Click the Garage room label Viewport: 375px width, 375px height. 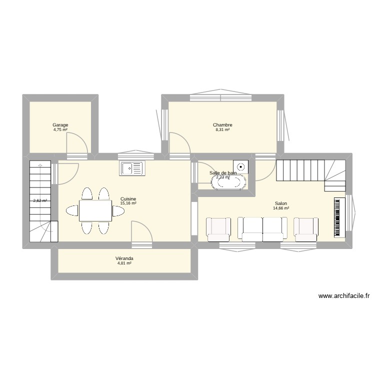pos(60,125)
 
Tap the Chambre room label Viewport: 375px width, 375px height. pos(222,125)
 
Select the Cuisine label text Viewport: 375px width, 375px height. pos(128,199)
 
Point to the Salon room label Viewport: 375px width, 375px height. pos(280,203)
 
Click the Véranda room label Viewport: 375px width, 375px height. pos(124,258)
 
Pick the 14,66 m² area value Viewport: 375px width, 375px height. pos(281,208)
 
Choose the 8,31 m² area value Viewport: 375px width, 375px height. pos(222,129)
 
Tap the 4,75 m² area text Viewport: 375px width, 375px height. pos(60,129)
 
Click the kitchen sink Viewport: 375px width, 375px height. pos(131,168)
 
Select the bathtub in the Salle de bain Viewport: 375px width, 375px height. pos(228,182)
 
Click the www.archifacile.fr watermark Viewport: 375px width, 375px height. pos(343,296)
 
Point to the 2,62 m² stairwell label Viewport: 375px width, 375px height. pos(40,201)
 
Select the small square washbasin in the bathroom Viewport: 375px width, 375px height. pos(241,166)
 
